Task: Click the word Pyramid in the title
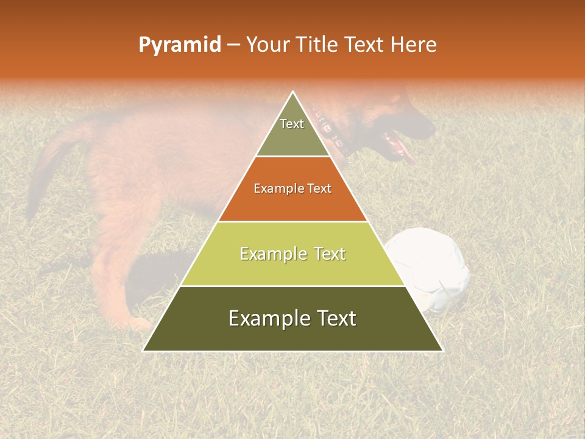coord(179,45)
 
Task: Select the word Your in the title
coord(266,45)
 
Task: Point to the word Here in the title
coord(413,45)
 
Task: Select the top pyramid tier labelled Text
coord(292,134)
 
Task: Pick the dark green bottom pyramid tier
coord(292,332)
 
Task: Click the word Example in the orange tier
coord(276,188)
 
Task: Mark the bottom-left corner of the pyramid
coord(144,351)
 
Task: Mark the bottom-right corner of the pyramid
coord(442,351)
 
